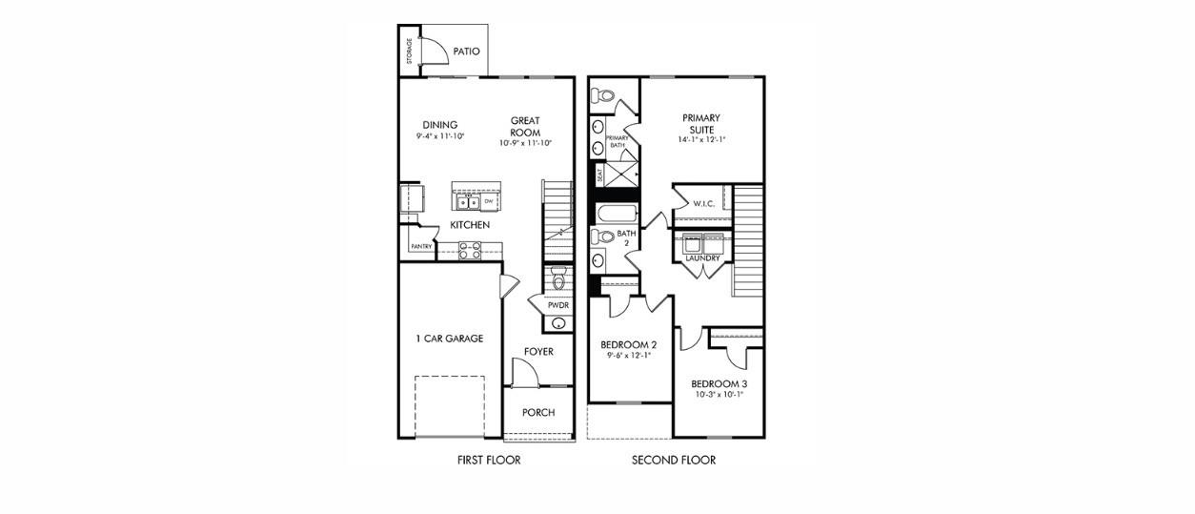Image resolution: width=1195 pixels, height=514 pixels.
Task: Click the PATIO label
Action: point(466,52)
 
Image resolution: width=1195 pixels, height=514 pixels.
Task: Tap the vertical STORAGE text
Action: point(409,51)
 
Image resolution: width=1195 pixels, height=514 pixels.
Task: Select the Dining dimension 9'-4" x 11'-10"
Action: point(439,137)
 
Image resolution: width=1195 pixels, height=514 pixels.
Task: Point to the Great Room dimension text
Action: point(525,143)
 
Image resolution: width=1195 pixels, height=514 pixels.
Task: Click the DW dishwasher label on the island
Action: point(488,201)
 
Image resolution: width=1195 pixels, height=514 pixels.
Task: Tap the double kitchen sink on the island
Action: point(467,201)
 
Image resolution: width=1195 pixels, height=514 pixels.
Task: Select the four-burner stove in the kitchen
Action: point(470,250)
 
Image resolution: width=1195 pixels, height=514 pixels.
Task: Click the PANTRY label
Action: point(421,247)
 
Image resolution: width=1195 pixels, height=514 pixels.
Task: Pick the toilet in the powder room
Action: point(558,278)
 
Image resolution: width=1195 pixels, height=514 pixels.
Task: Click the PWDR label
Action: point(557,305)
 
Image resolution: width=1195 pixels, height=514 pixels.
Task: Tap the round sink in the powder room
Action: point(558,324)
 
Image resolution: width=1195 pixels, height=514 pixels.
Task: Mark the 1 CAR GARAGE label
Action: point(449,339)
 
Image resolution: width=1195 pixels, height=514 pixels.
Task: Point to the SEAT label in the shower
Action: point(599,175)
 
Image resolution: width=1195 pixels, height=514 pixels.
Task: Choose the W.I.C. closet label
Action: point(704,203)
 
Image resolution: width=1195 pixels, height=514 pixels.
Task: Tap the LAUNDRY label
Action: point(702,257)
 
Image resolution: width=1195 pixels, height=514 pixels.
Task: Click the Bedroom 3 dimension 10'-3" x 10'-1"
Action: point(718,395)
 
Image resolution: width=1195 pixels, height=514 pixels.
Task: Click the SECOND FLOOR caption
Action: point(674,461)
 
